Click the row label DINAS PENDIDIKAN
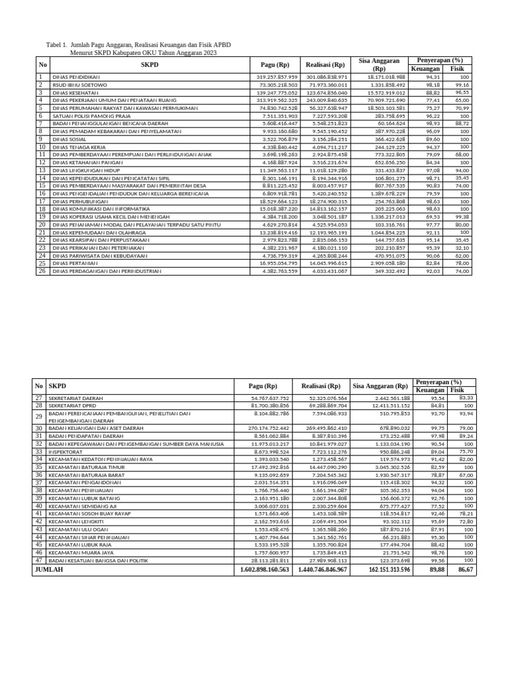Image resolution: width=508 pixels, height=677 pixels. pyautogui.click(x=75, y=77)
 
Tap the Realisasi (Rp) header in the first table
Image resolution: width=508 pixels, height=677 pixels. pyautogui.click(x=325, y=65)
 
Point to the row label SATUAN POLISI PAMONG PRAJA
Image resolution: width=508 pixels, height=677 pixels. pyautogui.click(x=87, y=116)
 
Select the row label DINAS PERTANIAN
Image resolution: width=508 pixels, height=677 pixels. pyautogui.click(x=73, y=263)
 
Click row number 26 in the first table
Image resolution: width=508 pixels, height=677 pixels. pyautogui.click(x=41, y=271)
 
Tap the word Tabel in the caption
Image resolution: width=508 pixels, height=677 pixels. pyautogui.click(x=54, y=44)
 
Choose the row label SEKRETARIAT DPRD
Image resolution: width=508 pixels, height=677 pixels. pyautogui.click(x=70, y=405)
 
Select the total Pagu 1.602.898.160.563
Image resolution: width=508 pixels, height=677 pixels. pyautogui.click(x=265, y=569)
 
